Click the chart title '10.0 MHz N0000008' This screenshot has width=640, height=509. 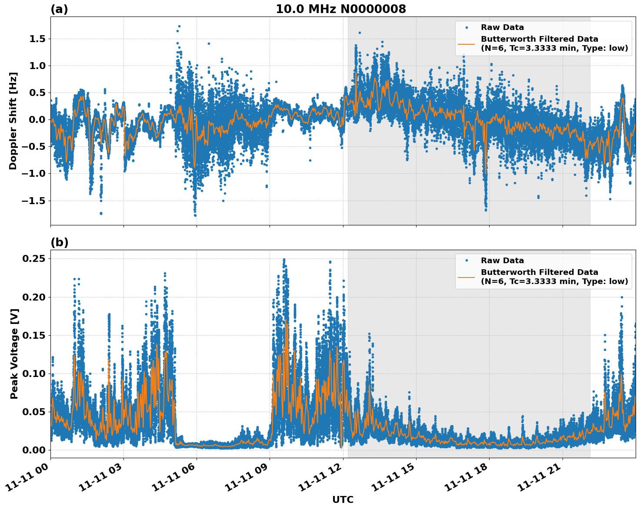[x=340, y=9]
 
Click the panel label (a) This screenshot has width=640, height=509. [x=59, y=9]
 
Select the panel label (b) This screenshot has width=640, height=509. [x=59, y=242]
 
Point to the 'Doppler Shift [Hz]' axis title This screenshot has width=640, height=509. [x=13, y=121]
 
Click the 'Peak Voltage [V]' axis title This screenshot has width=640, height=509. [x=14, y=354]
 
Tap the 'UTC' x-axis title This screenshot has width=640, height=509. [x=343, y=499]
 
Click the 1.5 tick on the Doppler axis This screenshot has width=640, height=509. [x=37, y=39]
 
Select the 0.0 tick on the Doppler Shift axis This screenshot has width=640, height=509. [x=37, y=120]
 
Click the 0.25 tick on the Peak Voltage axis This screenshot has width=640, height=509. [x=34, y=259]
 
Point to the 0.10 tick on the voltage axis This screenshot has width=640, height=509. [x=34, y=373]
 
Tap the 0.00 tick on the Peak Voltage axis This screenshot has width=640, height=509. [x=34, y=450]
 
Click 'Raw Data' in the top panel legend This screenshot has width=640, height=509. [x=502, y=27]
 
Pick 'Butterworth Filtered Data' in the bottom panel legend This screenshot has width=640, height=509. [x=539, y=272]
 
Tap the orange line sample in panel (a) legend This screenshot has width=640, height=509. [x=467, y=43]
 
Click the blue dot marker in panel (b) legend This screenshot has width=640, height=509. [x=467, y=261]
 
